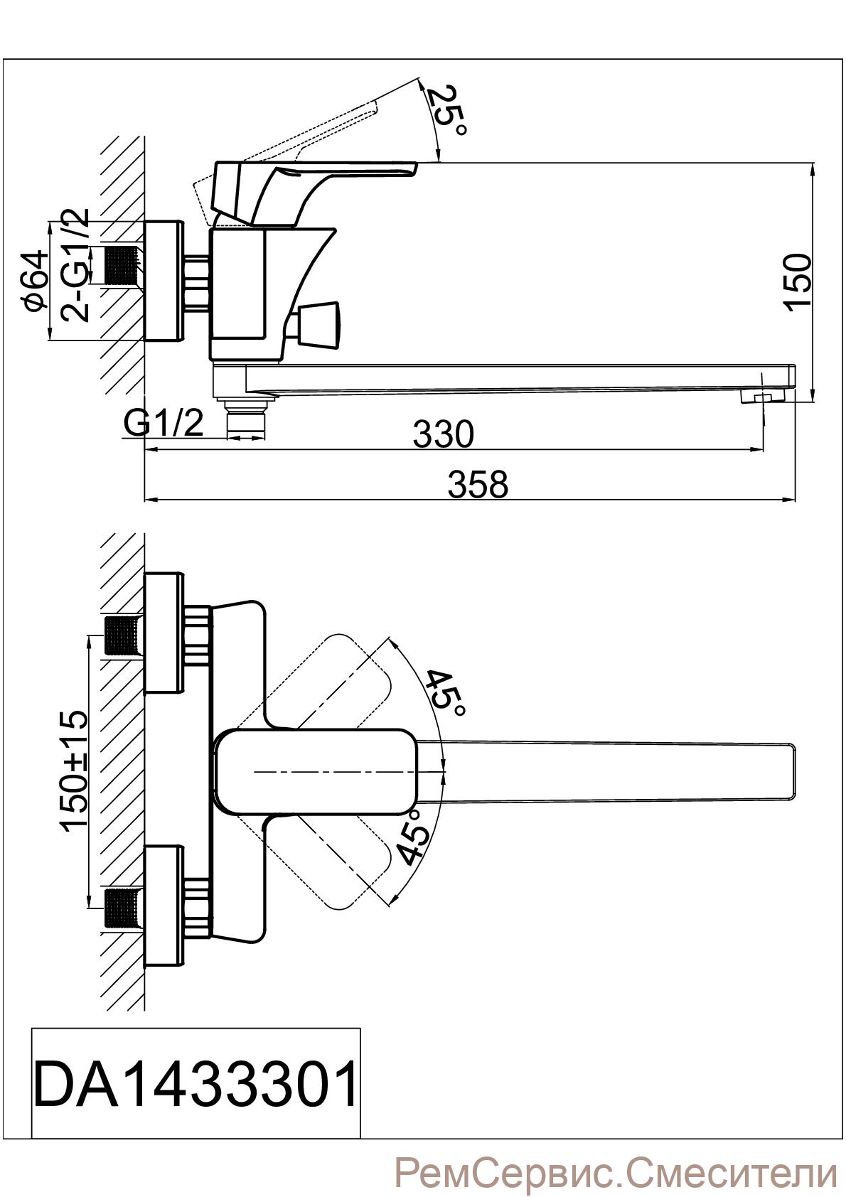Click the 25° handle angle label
coord(449,111)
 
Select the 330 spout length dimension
coord(444,434)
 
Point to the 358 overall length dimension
coord(478,484)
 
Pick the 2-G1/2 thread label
coord(74,264)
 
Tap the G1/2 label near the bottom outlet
coord(164,423)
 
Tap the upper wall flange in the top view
coord(164,633)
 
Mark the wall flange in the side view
coord(164,281)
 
